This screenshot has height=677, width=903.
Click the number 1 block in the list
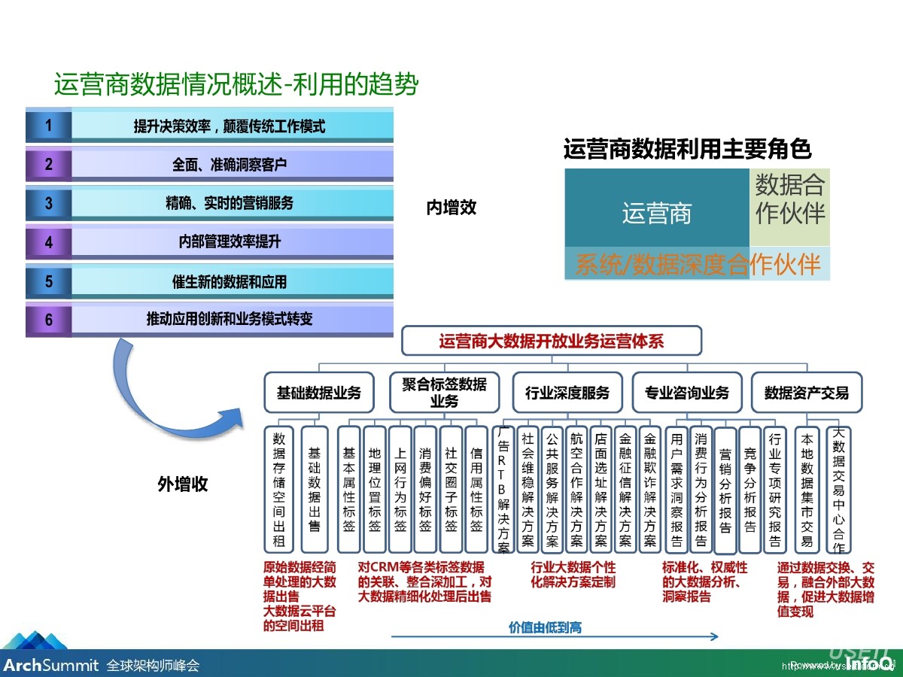(49, 126)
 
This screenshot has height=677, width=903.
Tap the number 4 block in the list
(49, 243)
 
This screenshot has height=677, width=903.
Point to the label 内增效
(451, 208)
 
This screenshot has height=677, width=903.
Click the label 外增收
(183, 484)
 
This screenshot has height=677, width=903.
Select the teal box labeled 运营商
(656, 214)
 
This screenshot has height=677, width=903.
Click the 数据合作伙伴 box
(789, 199)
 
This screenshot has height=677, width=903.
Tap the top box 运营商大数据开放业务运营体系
(552, 341)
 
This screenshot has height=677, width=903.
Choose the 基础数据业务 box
(319, 393)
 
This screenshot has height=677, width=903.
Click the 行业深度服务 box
(567, 393)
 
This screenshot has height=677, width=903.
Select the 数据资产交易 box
(806, 393)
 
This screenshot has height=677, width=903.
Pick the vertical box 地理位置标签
(375, 490)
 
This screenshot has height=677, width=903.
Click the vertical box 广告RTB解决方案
(503, 490)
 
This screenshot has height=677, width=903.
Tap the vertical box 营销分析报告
(725, 490)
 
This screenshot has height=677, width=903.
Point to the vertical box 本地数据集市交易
(807, 490)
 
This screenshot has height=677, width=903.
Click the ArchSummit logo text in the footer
(51, 665)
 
